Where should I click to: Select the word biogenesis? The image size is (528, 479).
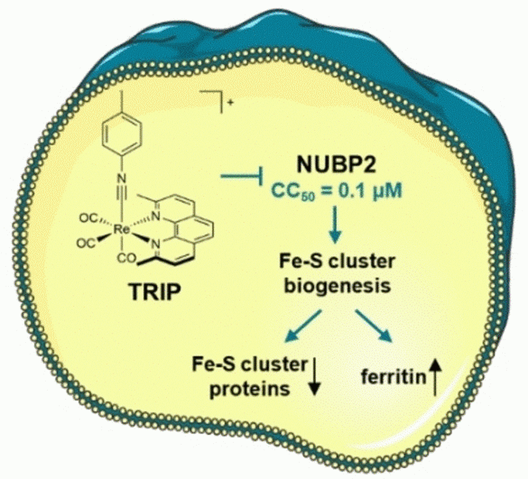[335, 286]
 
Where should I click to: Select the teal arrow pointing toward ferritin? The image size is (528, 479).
[374, 326]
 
